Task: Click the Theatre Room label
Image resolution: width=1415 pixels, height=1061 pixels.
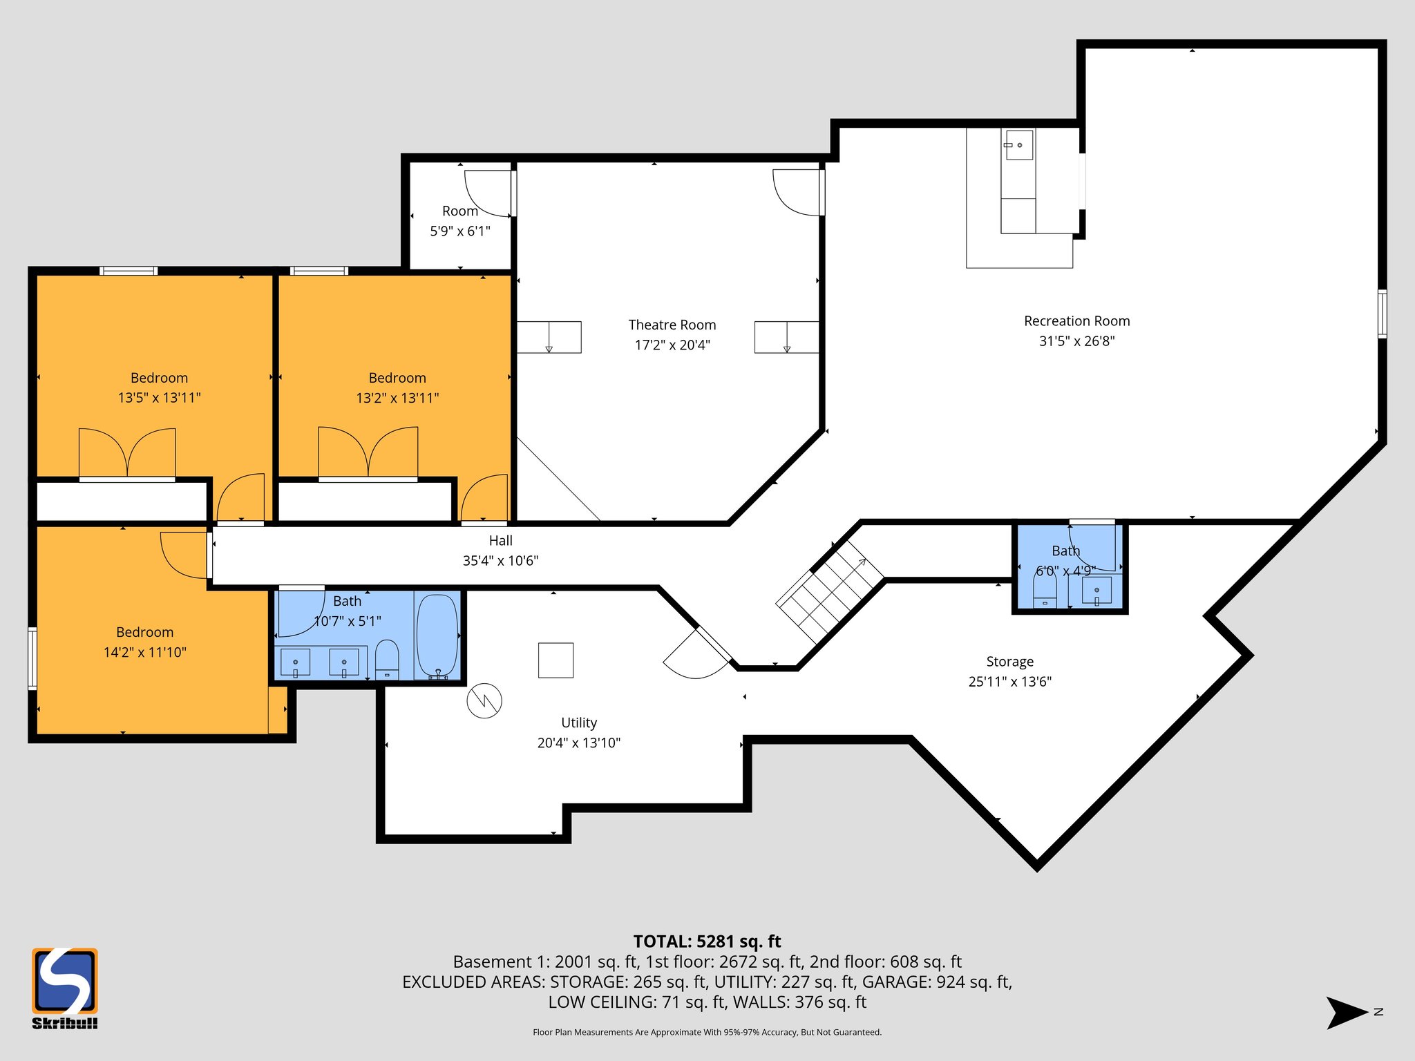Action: (672, 325)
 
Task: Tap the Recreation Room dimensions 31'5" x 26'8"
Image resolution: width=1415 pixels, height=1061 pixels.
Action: (1076, 341)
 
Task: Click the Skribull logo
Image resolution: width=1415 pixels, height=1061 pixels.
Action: (64, 988)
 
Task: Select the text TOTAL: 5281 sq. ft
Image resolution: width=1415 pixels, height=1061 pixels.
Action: (707, 941)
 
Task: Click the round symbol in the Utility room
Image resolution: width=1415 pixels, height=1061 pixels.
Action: (484, 701)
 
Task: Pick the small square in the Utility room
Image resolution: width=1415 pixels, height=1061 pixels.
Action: (555, 660)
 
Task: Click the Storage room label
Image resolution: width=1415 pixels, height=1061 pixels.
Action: (1009, 662)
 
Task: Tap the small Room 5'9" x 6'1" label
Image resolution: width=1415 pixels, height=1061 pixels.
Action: (460, 211)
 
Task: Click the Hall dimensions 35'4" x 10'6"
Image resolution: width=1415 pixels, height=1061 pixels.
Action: (500, 561)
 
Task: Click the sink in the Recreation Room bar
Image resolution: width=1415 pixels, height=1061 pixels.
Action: (1018, 145)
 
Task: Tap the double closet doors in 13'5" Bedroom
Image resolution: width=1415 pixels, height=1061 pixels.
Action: (127, 452)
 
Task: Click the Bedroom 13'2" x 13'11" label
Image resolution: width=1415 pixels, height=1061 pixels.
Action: (397, 378)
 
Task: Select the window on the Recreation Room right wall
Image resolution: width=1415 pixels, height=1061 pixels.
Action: (1382, 314)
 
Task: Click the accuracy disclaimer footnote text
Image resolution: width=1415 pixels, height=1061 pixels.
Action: (707, 1032)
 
